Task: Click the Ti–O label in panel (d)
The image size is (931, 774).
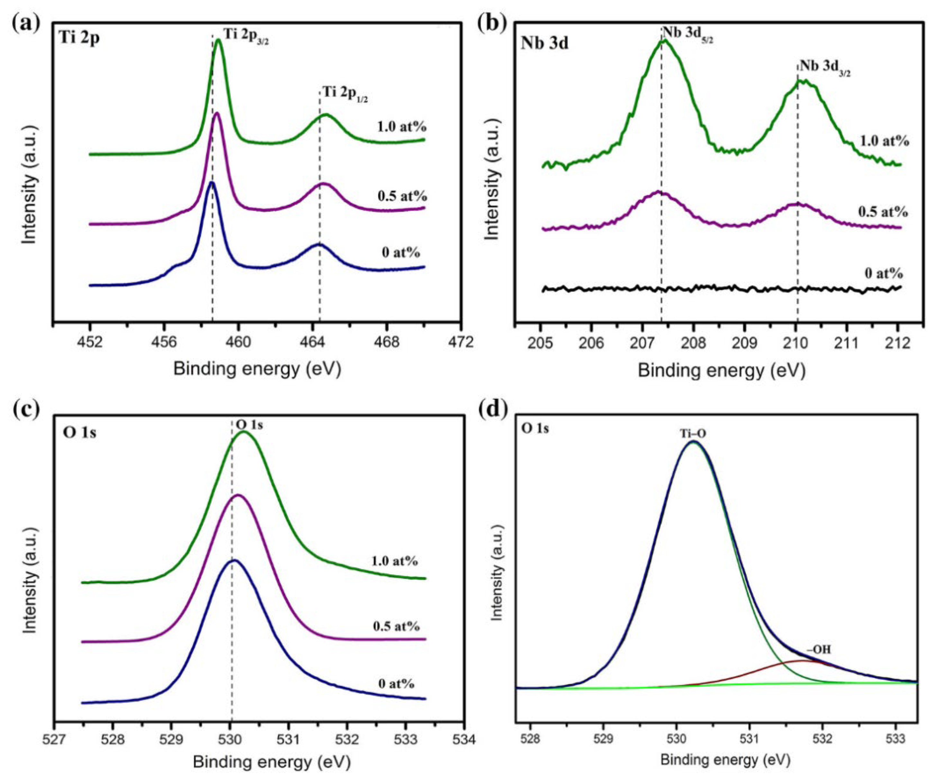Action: pos(693,434)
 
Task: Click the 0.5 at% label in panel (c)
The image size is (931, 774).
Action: pos(396,627)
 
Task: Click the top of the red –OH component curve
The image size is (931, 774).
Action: pos(802,673)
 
